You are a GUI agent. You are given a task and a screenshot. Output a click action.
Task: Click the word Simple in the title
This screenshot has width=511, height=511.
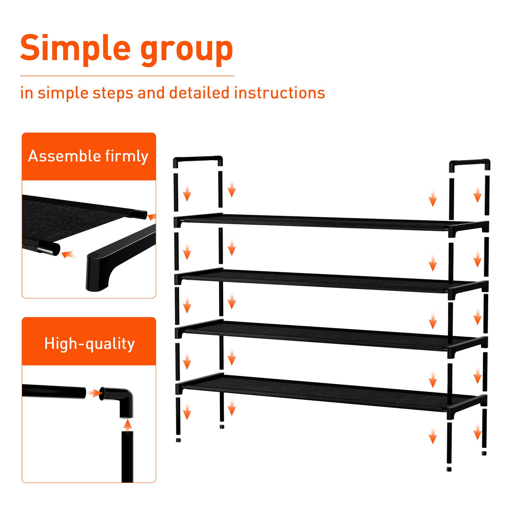[x=76, y=48]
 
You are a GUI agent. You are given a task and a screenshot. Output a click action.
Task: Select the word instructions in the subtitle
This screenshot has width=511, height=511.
[x=279, y=93]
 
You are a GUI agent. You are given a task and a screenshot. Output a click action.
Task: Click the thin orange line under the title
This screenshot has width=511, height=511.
[x=126, y=76]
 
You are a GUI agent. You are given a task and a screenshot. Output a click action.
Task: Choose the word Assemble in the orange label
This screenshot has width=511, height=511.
[x=64, y=156]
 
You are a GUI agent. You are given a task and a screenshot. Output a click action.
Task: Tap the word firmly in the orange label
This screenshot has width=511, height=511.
[x=127, y=157]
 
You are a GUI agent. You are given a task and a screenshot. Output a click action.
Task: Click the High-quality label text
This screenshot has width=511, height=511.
[x=89, y=344]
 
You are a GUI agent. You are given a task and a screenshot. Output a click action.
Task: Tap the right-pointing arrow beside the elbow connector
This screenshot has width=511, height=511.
[x=95, y=393]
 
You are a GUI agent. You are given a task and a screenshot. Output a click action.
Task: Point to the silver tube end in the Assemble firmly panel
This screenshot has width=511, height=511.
[x=48, y=249]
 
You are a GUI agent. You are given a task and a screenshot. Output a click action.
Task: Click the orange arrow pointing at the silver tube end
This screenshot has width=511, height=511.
[x=68, y=255]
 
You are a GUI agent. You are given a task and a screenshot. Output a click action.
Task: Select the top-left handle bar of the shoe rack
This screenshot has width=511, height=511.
[x=197, y=160]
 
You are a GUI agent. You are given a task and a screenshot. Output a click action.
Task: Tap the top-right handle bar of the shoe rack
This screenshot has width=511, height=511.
[x=469, y=162]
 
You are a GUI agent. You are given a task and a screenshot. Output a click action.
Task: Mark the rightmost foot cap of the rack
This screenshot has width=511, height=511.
[x=484, y=453]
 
